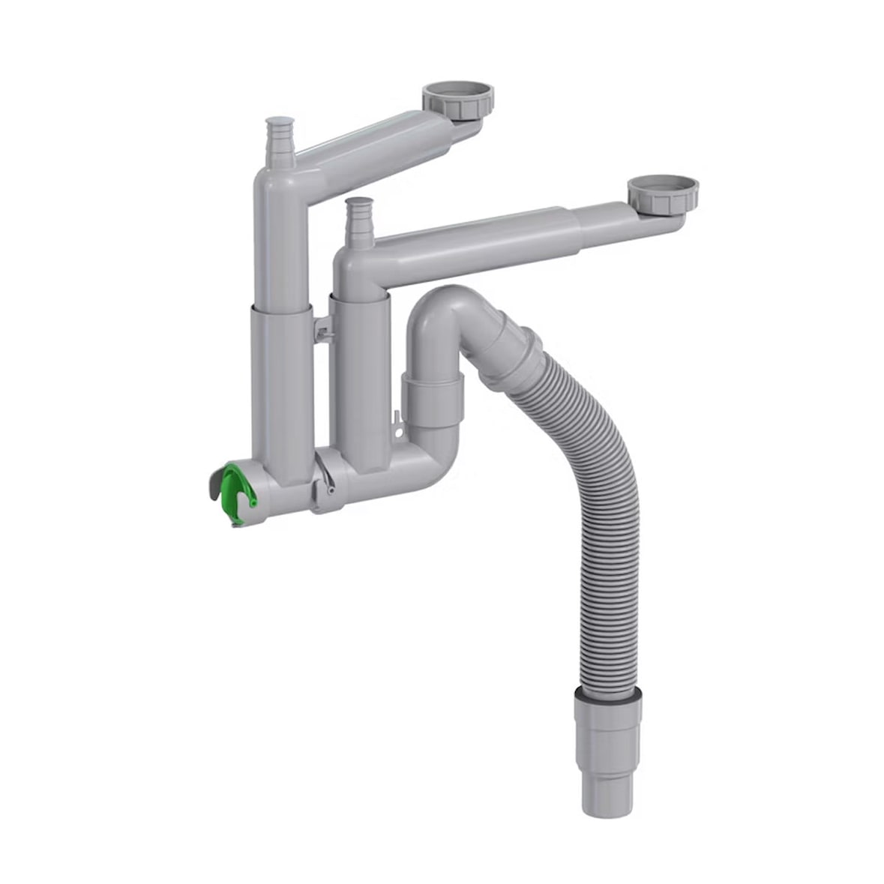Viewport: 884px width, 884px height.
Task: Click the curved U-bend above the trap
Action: tap(442, 315)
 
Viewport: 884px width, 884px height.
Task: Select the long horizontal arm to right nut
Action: tap(510, 240)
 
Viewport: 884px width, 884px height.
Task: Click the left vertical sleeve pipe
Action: tap(278, 375)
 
